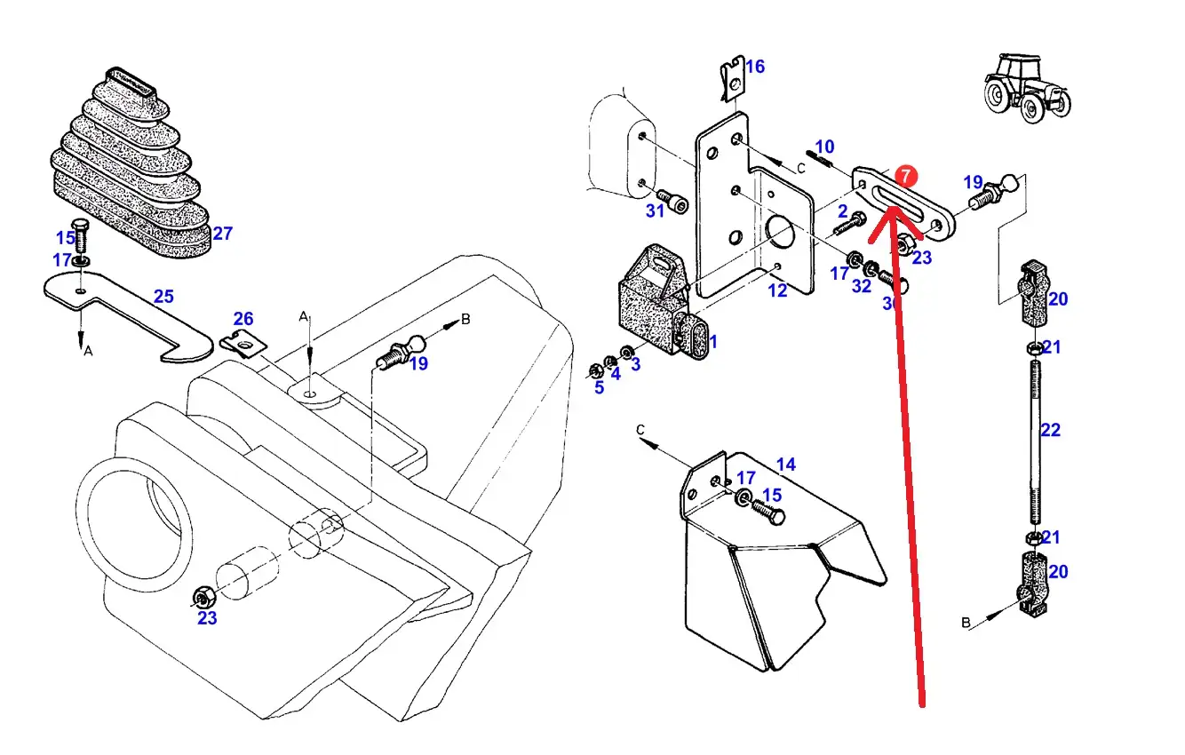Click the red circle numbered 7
(904, 176)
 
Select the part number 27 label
(222, 234)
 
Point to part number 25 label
(163, 297)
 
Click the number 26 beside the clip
(243, 319)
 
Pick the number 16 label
(754, 67)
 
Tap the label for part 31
(655, 211)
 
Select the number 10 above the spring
(824, 147)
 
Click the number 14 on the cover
(785, 464)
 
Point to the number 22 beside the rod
(1050, 431)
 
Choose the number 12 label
(777, 290)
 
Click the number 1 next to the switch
(712, 341)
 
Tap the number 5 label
(599, 387)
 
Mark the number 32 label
(861, 286)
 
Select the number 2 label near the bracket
(842, 211)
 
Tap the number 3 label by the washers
(635, 364)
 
